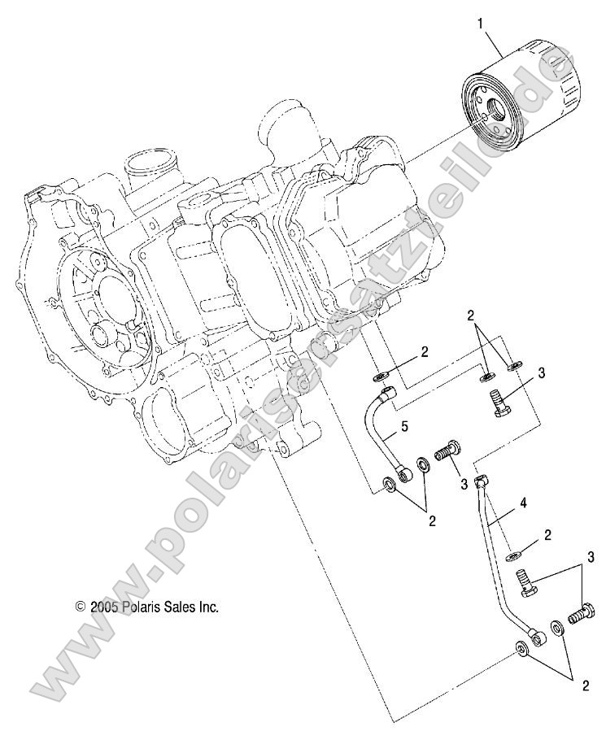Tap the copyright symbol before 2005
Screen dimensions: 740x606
click(80, 607)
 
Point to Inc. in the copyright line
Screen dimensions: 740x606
click(209, 607)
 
